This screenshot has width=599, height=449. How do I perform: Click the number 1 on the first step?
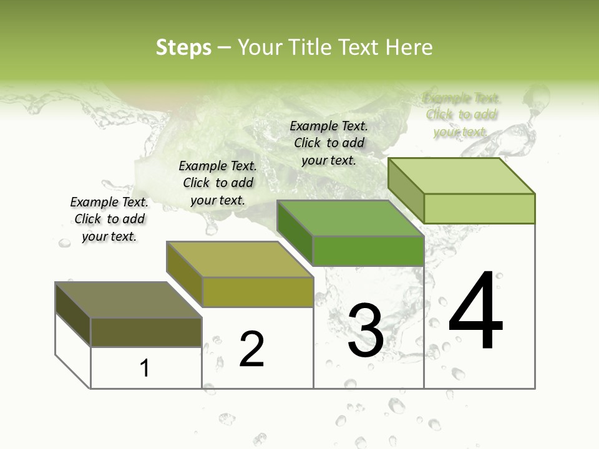tap(145, 368)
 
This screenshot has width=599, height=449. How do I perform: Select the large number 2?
tap(251, 349)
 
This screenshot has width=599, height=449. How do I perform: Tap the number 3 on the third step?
tap(366, 331)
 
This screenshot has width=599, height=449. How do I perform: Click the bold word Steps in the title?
tap(183, 47)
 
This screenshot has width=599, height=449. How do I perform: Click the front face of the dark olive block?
tap(146, 332)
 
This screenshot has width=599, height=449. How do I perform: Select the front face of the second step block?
tap(258, 292)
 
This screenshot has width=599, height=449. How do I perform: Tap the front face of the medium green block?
tap(368, 251)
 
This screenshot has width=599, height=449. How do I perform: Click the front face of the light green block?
tap(479, 208)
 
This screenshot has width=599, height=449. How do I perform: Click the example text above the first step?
tap(109, 219)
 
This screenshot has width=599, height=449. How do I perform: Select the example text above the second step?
tap(218, 183)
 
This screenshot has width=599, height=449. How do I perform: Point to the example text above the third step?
tap(329, 143)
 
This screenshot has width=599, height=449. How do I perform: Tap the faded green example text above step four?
tap(461, 115)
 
